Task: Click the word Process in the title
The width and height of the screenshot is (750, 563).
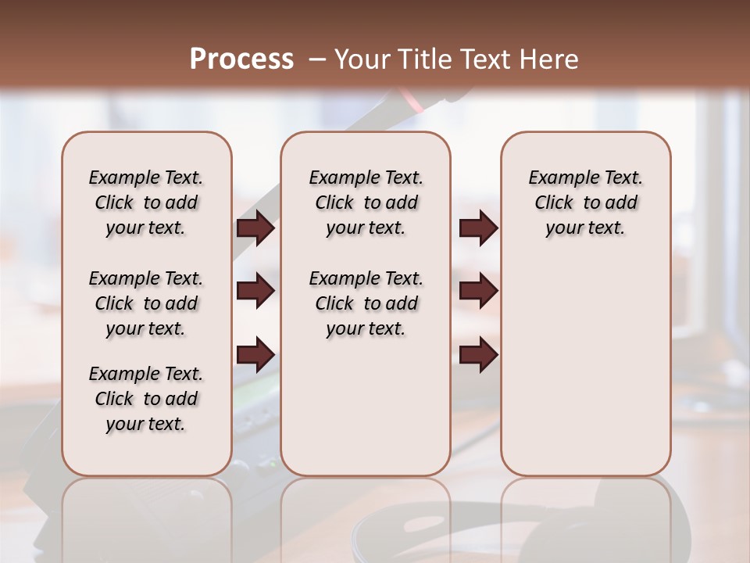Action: tap(241, 59)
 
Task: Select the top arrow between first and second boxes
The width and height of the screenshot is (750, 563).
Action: tap(255, 228)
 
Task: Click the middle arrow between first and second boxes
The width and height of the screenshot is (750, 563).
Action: tap(255, 291)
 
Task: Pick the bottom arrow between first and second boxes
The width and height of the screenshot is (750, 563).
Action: tap(255, 354)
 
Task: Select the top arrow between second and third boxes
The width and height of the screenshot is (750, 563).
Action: tap(478, 228)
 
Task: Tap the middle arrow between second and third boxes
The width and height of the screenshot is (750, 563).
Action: tap(478, 291)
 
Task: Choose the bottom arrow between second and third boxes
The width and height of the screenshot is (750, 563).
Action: tap(478, 354)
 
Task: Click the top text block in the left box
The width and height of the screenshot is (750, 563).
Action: tap(146, 203)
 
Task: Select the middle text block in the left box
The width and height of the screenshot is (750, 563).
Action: tap(146, 303)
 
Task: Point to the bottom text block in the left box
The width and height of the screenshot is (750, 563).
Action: tap(146, 399)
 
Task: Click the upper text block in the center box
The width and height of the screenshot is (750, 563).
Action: tap(366, 203)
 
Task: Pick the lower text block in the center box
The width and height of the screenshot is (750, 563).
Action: tap(366, 303)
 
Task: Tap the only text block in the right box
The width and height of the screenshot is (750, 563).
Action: tap(585, 203)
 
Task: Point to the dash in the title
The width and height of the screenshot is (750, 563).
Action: tap(317, 59)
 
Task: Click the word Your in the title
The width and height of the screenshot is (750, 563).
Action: tap(362, 59)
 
